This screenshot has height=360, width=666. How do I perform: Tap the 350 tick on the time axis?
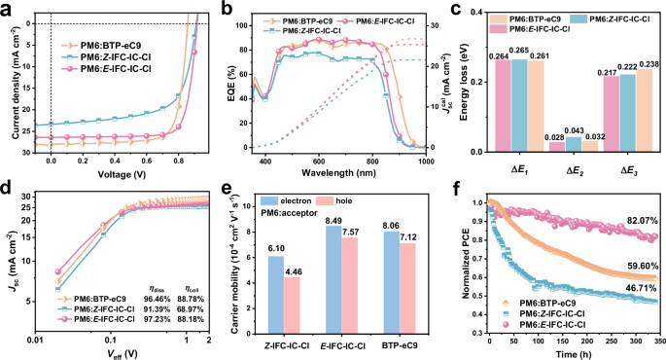(656, 341)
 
